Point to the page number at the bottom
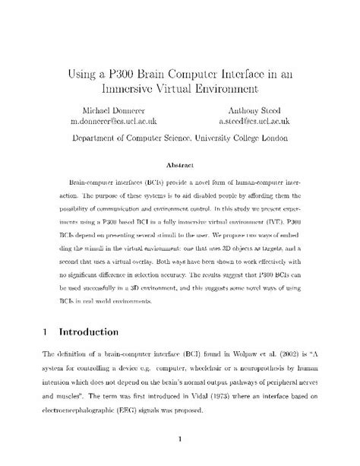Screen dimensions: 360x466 [180, 439]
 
